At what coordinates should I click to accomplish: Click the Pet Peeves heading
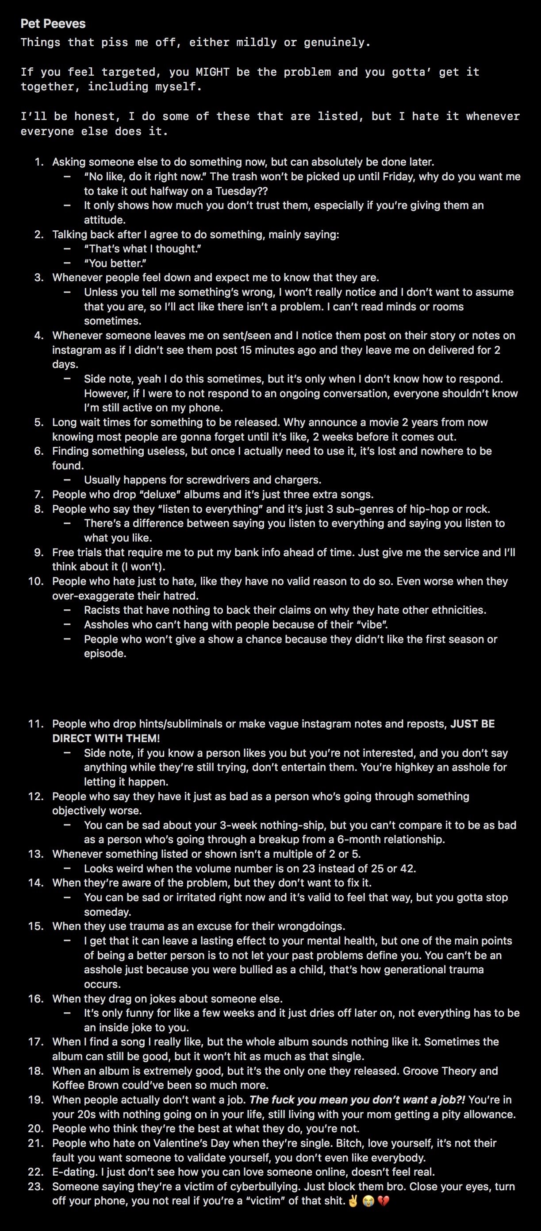click(x=53, y=24)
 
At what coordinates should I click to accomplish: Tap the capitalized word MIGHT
click(x=212, y=72)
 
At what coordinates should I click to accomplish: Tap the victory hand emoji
click(x=353, y=1201)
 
